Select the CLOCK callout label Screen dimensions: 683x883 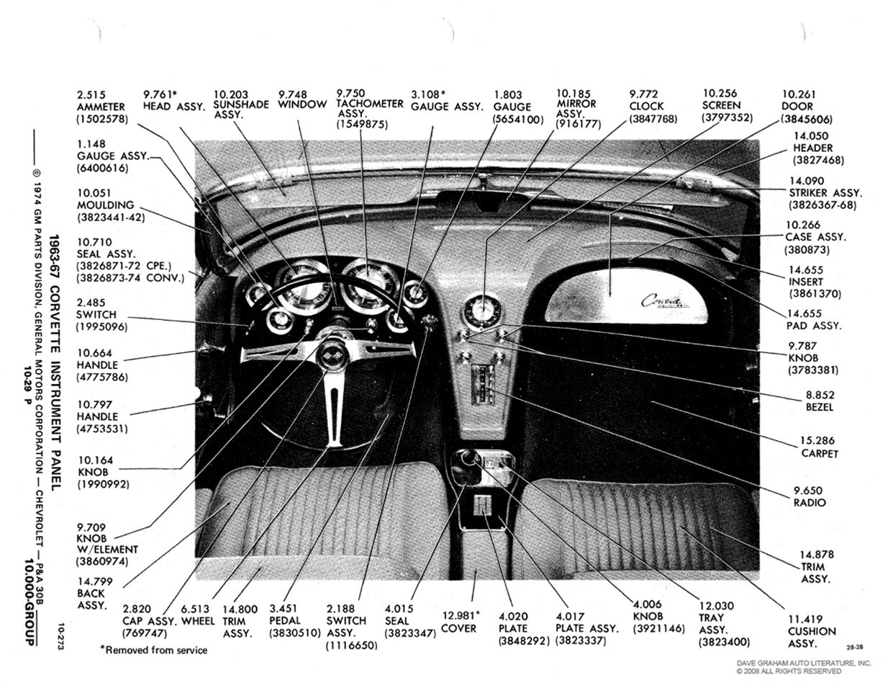[646, 107]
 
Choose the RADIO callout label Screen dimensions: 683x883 [810, 502]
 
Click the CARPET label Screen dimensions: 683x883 [820, 453]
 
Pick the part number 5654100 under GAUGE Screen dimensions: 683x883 [518, 120]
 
